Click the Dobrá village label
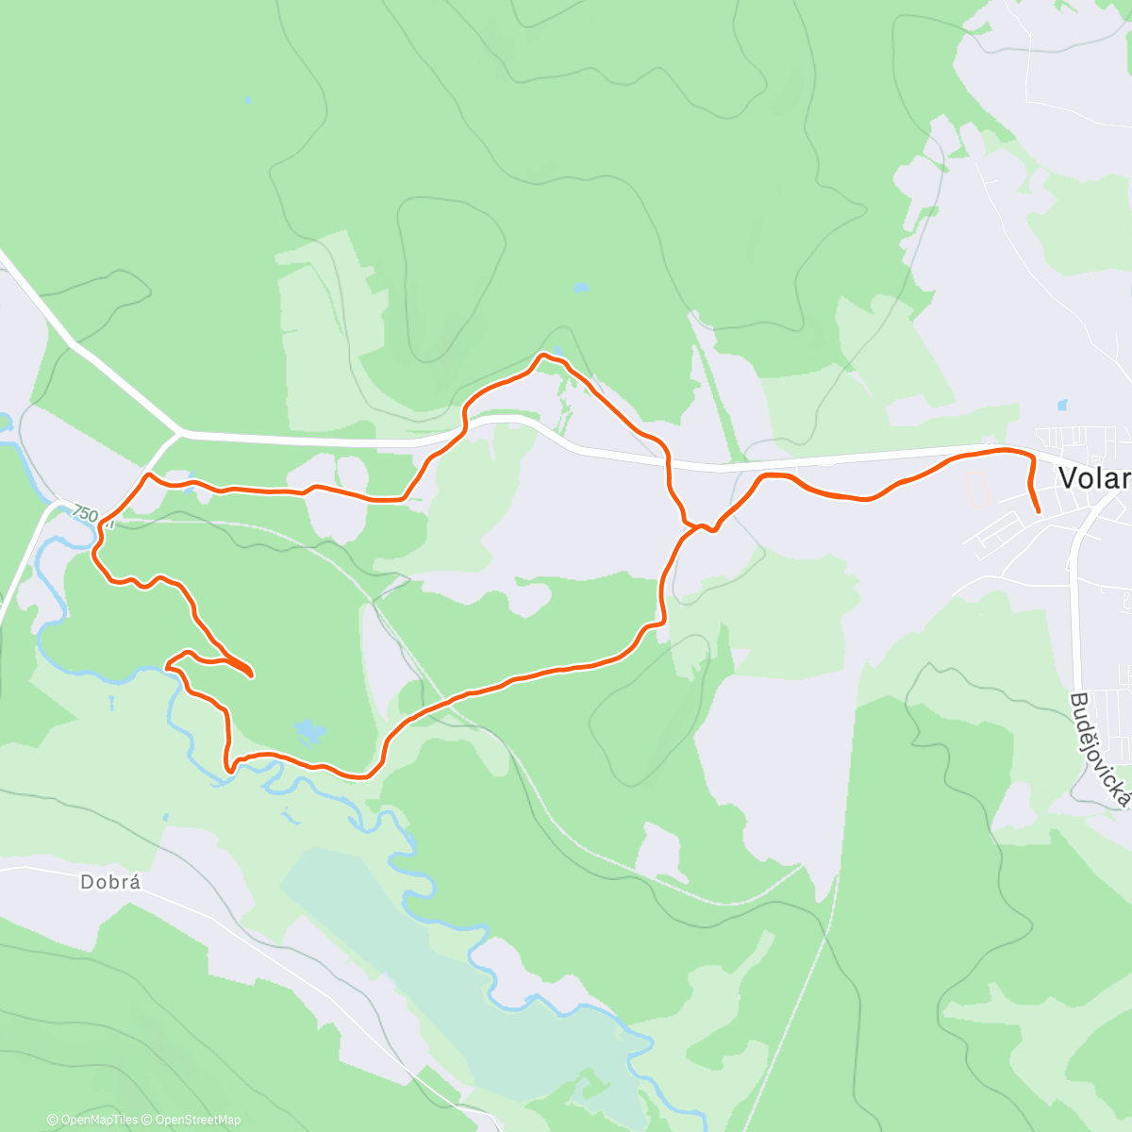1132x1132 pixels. (110, 883)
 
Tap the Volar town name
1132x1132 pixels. (1094, 478)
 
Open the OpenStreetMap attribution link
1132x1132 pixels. (198, 1120)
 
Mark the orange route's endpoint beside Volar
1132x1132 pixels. (1039, 511)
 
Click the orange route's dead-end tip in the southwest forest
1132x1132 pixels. (251, 675)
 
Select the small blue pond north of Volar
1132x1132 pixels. (1062, 406)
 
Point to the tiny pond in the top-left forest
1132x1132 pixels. (247, 98)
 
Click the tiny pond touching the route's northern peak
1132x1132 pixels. (557, 352)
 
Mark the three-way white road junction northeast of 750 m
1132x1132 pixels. (180, 433)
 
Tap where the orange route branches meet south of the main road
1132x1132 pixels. (699, 526)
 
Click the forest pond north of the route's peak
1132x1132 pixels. (580, 287)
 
